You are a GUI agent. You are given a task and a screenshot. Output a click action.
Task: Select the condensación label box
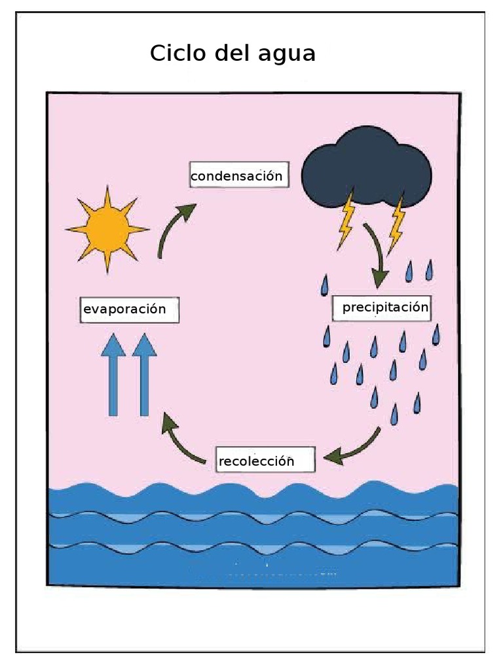coord(237,175)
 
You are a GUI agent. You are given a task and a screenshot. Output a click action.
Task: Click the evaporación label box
coord(128,309)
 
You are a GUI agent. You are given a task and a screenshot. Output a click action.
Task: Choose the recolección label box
coord(265,460)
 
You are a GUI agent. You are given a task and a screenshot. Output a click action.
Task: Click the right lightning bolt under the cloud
coord(396,224)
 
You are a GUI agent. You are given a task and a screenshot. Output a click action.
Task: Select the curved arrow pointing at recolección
coord(357,448)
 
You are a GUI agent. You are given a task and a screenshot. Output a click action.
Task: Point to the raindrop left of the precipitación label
coord(324,285)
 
